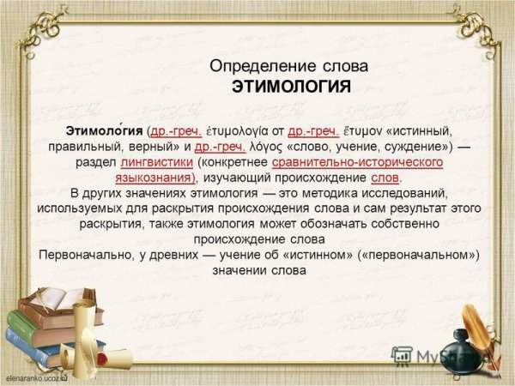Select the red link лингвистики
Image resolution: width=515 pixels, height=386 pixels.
[157, 162]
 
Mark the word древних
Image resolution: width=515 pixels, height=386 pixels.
[173, 256]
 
